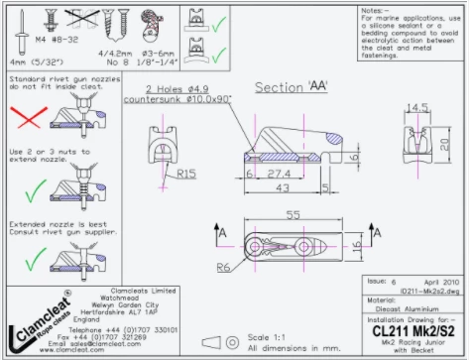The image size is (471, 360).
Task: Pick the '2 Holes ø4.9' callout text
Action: point(168,89)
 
